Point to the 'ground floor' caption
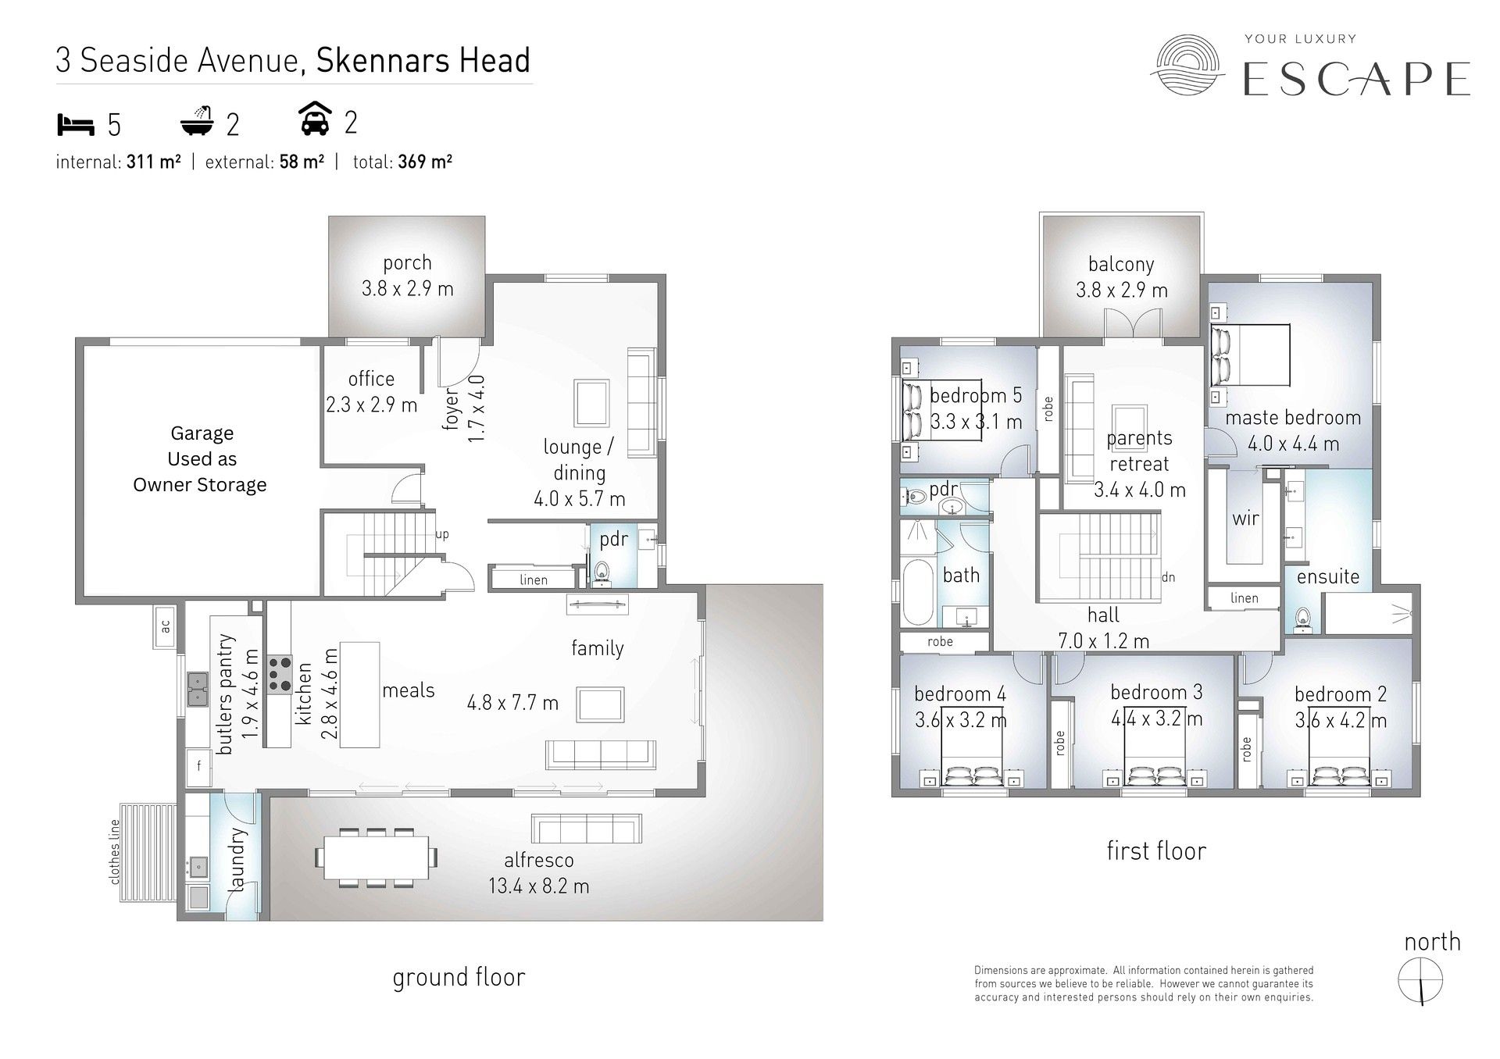point(459,977)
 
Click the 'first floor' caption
point(1156,850)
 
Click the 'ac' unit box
point(165,626)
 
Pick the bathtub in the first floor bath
point(917,592)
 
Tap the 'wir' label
point(1245,518)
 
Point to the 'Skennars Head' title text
point(423,61)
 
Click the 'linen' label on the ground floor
point(534,579)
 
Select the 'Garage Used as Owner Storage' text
point(201,459)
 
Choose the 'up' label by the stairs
point(442,536)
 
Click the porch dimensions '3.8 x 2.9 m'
point(407,289)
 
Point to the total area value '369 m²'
point(425,162)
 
